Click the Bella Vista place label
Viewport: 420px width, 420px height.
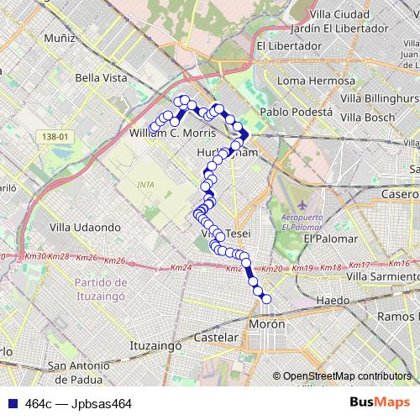pos(101,77)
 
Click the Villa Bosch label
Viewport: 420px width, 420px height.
pos(368,117)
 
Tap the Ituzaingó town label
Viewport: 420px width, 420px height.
pos(157,344)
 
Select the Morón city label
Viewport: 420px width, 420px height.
pos(267,323)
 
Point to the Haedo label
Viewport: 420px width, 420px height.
pos(333,300)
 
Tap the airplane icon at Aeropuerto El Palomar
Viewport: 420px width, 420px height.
pos(303,205)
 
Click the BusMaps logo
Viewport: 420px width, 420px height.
pos(379,403)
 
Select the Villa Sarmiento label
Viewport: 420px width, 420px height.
pos(381,276)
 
